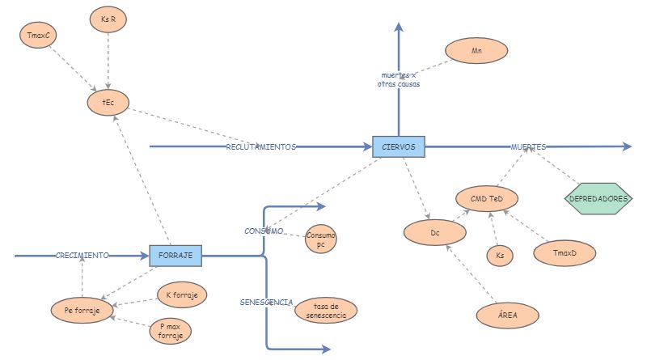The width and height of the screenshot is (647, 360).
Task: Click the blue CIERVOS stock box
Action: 398,146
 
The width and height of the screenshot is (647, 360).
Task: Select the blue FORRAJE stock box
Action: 175,255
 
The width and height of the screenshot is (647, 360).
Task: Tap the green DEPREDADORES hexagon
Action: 598,198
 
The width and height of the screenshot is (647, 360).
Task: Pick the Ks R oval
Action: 108,19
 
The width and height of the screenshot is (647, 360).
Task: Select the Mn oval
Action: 476,51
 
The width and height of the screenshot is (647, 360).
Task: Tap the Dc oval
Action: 435,233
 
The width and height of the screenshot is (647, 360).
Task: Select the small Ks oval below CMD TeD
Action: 499,256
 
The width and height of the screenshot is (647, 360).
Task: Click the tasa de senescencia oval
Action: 325,309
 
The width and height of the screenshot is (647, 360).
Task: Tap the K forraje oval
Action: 181,294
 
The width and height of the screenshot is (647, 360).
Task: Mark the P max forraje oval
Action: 171,330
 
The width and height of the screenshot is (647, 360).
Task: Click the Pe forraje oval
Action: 82,310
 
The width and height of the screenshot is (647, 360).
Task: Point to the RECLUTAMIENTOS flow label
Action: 260,147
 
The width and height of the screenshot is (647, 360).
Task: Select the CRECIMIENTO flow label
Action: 82,256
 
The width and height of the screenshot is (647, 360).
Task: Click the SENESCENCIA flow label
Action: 266,302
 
